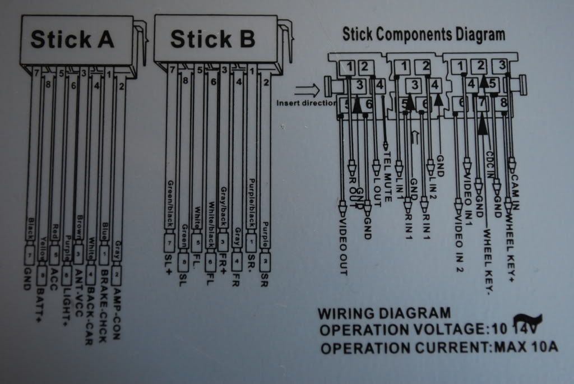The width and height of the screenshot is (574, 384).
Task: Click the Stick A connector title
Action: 72,39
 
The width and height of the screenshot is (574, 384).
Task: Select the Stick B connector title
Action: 213,39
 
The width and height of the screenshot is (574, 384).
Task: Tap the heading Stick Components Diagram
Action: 424,34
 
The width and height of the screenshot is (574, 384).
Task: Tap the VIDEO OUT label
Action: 342,247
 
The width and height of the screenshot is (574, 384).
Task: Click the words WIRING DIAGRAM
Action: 384,313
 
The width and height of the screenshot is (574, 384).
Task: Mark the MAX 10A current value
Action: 526,348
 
